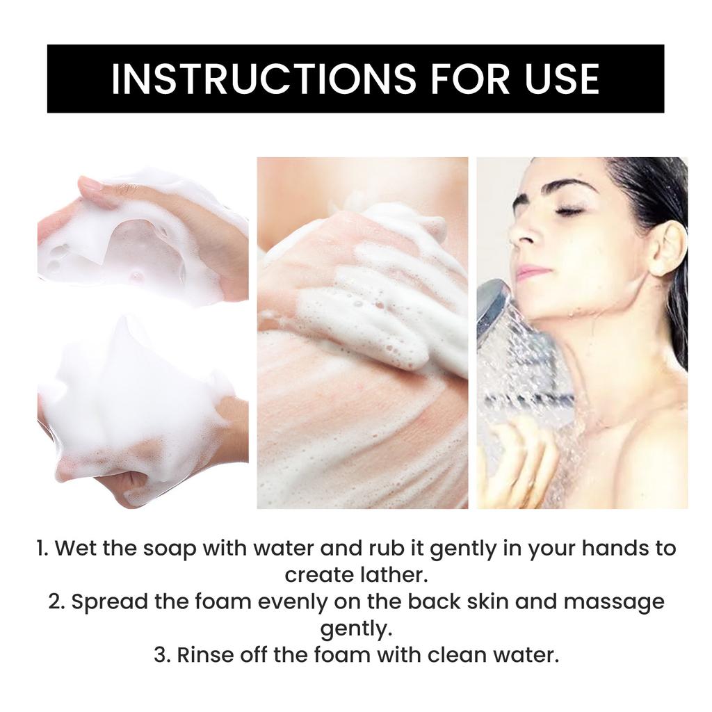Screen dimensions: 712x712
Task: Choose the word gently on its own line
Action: pos(356,629)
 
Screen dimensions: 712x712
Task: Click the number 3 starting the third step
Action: pos(161,655)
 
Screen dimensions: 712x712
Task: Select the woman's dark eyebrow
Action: pos(569,187)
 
